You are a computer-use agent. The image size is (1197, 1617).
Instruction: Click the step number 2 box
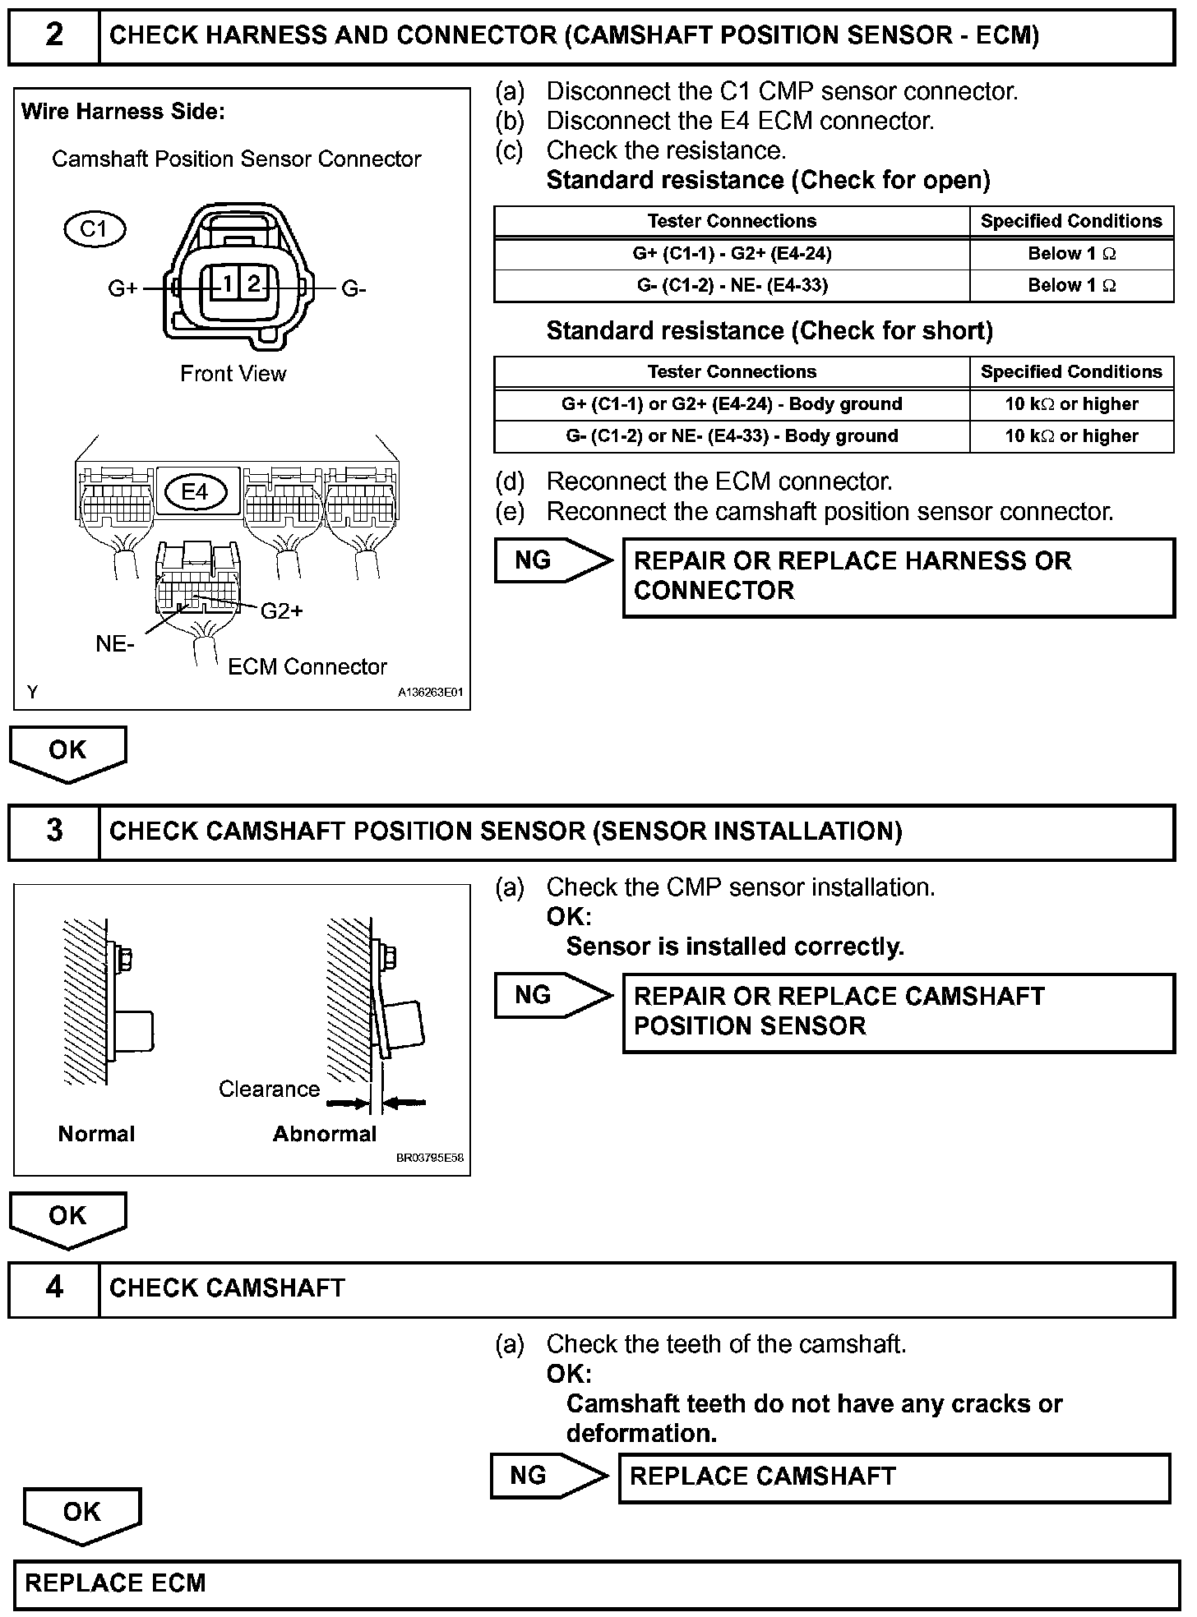pos(54,36)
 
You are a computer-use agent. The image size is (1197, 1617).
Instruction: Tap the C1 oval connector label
pos(95,229)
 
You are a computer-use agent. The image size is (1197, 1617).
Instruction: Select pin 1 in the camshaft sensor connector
pos(224,284)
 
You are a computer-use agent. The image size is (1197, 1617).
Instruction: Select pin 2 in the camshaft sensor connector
pos(254,284)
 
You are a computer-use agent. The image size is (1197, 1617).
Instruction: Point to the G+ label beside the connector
pos(122,289)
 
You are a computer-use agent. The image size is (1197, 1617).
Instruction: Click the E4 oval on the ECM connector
pos(195,492)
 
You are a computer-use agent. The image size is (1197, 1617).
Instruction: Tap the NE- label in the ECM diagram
pos(115,644)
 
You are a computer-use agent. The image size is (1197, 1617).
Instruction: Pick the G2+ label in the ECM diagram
pos(282,611)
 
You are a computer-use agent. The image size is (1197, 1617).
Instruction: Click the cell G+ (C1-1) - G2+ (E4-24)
pos(732,254)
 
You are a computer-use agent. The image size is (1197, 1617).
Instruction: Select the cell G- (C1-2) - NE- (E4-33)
pos(732,286)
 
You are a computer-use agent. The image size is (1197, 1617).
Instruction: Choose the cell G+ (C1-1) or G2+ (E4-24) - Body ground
pos(732,404)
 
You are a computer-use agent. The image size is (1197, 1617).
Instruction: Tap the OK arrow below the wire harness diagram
pos(68,752)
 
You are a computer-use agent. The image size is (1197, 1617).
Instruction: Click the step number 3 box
pos(54,832)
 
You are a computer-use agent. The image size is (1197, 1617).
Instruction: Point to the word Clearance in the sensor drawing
pos(269,1090)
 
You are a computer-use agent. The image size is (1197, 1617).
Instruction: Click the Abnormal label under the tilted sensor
pos(324,1135)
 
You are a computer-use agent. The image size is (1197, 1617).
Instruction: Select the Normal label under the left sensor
pos(96,1135)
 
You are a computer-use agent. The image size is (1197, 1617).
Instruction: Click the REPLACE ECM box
pos(598,1583)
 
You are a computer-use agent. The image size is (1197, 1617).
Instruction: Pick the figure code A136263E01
pos(431,693)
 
